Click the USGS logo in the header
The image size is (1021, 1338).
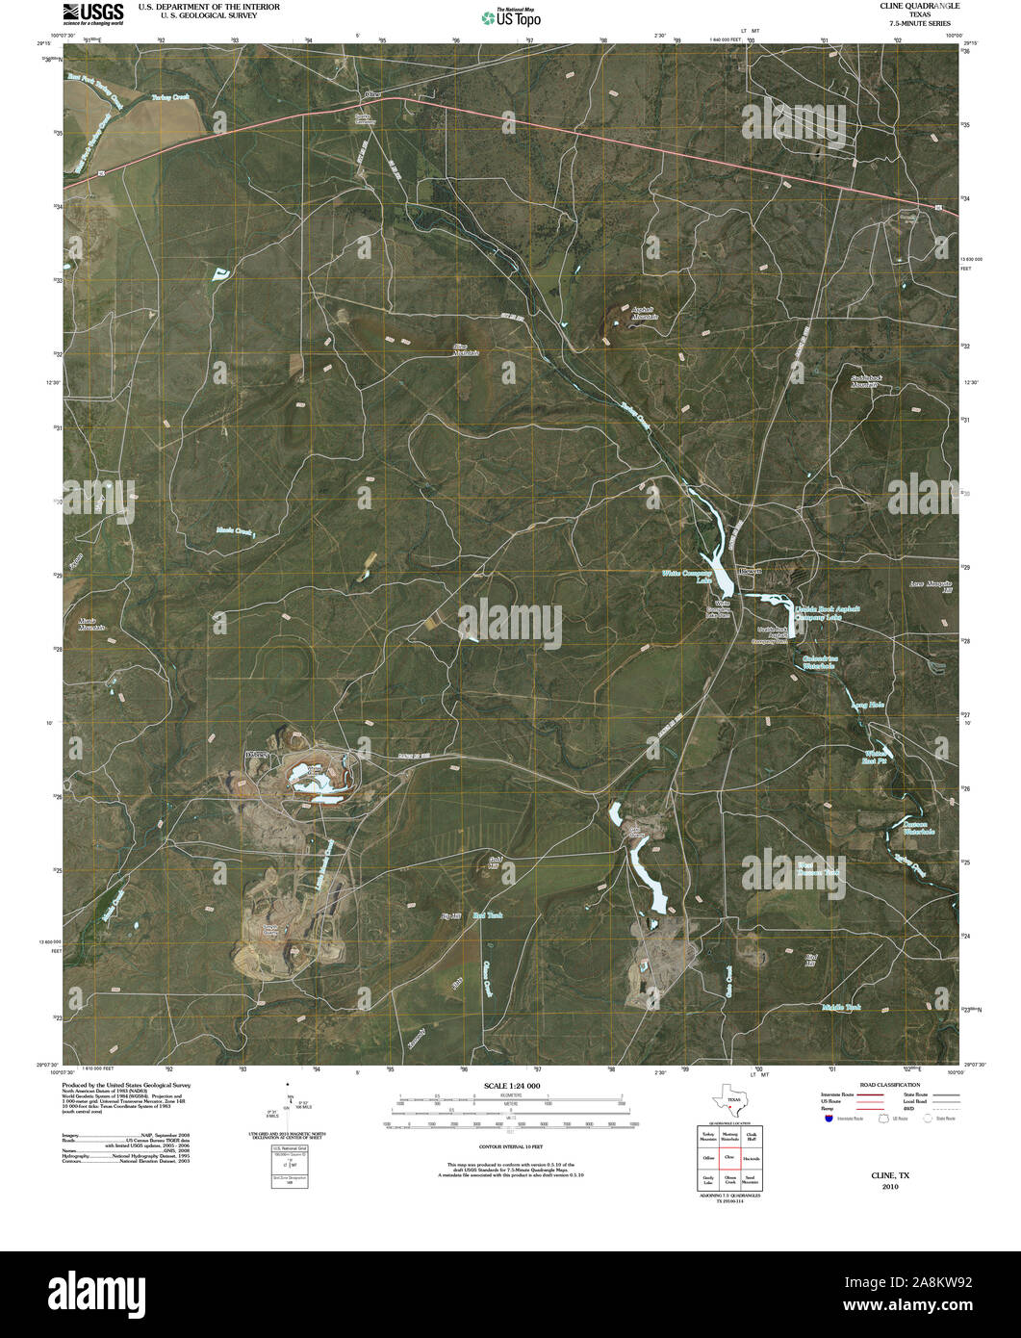(x=92, y=13)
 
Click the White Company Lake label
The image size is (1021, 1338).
(x=686, y=577)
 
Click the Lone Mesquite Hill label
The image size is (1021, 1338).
(x=931, y=586)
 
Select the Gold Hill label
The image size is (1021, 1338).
(x=494, y=862)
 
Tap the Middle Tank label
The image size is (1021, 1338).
(x=841, y=1007)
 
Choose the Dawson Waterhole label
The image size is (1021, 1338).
(x=918, y=827)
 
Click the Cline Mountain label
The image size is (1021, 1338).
(x=466, y=350)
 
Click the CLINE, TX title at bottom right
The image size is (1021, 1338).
(x=890, y=1176)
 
